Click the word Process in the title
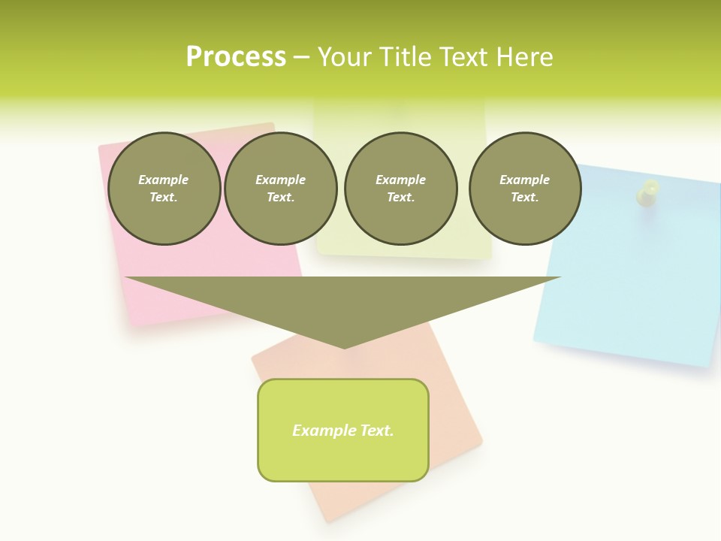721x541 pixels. (x=236, y=57)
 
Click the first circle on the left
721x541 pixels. (x=164, y=188)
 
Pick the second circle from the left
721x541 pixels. (x=281, y=188)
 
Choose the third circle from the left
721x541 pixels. (x=400, y=188)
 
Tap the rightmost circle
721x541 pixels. (x=525, y=188)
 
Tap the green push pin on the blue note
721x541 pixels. (x=647, y=192)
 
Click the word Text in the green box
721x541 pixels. (x=376, y=431)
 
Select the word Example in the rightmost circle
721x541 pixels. (x=525, y=180)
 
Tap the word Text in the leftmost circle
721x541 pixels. (x=164, y=198)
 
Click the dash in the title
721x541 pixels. (x=302, y=57)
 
